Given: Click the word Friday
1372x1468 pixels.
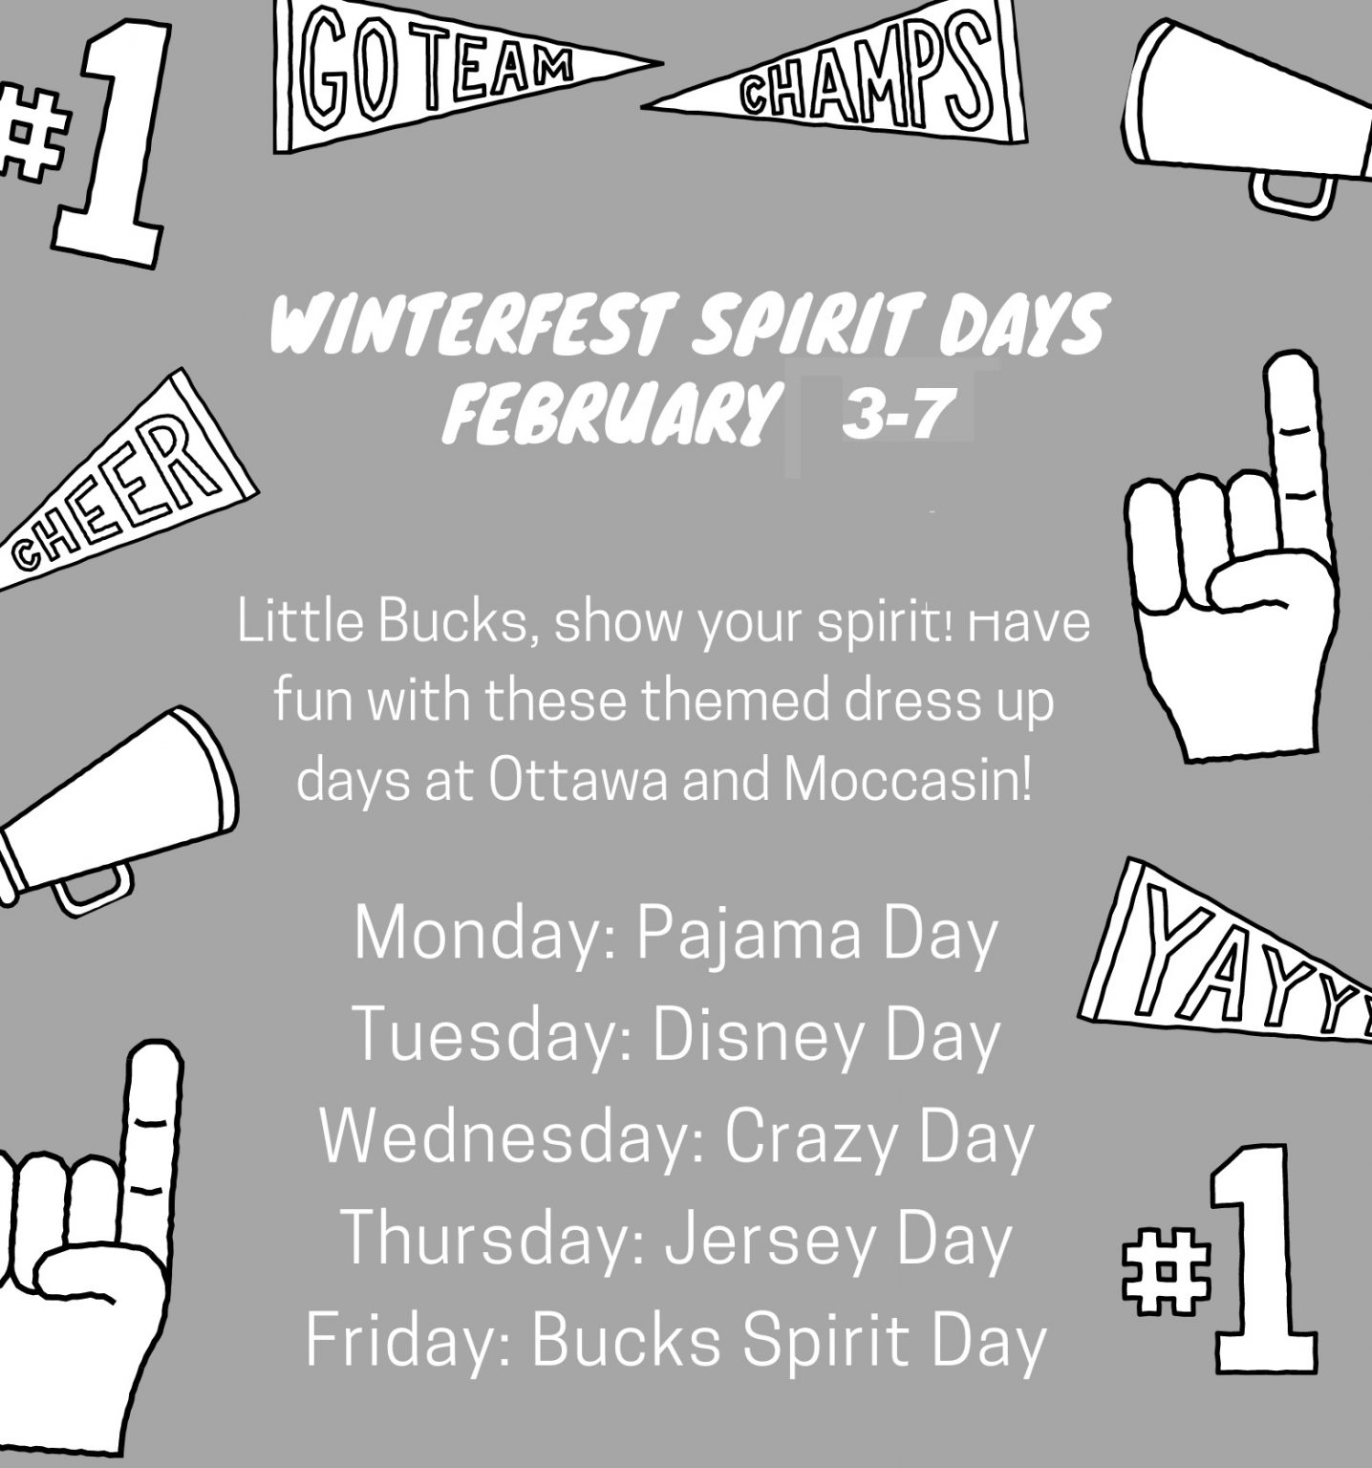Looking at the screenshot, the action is [x=410, y=1340].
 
